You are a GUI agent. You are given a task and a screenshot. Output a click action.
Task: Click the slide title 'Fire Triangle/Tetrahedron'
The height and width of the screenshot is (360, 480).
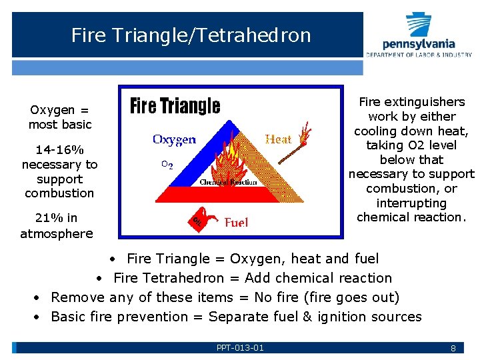(x=191, y=35)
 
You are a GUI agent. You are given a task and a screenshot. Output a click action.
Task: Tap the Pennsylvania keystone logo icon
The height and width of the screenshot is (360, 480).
(x=419, y=25)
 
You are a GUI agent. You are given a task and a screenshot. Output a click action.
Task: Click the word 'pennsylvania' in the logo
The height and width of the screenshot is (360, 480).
(x=419, y=44)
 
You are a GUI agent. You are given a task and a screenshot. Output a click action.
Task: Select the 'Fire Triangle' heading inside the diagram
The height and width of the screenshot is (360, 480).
(x=175, y=106)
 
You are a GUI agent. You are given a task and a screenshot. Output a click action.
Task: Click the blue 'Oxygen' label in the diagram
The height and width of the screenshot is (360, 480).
(x=174, y=139)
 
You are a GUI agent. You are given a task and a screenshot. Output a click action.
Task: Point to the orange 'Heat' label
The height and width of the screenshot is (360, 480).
(x=278, y=139)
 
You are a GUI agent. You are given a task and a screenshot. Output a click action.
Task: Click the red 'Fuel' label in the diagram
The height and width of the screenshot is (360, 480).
(x=237, y=222)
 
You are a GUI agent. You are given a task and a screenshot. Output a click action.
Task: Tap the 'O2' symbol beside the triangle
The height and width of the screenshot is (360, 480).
(x=167, y=165)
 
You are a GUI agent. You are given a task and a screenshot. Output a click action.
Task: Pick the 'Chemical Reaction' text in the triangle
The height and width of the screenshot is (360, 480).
(x=228, y=181)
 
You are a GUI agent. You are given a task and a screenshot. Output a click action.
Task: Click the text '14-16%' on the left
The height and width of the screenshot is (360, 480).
(x=59, y=150)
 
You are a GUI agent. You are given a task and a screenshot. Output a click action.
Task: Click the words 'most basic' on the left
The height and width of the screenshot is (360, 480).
(x=59, y=125)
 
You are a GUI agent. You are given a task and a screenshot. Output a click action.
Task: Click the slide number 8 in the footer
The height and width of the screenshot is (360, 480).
(x=453, y=348)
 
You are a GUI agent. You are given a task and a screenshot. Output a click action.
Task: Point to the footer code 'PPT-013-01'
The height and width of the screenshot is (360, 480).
(x=240, y=348)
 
